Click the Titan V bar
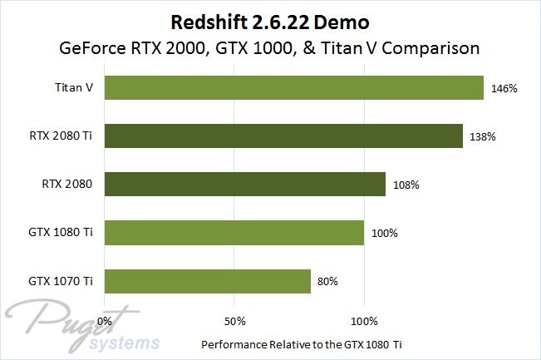(294, 87)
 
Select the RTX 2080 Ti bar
(283, 136)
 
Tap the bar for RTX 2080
(245, 184)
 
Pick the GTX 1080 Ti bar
(234, 232)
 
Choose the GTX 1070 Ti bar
(208, 281)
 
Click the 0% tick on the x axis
(106, 320)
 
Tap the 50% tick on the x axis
(235, 320)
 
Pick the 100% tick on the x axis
(364, 320)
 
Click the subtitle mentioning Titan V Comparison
(271, 47)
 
